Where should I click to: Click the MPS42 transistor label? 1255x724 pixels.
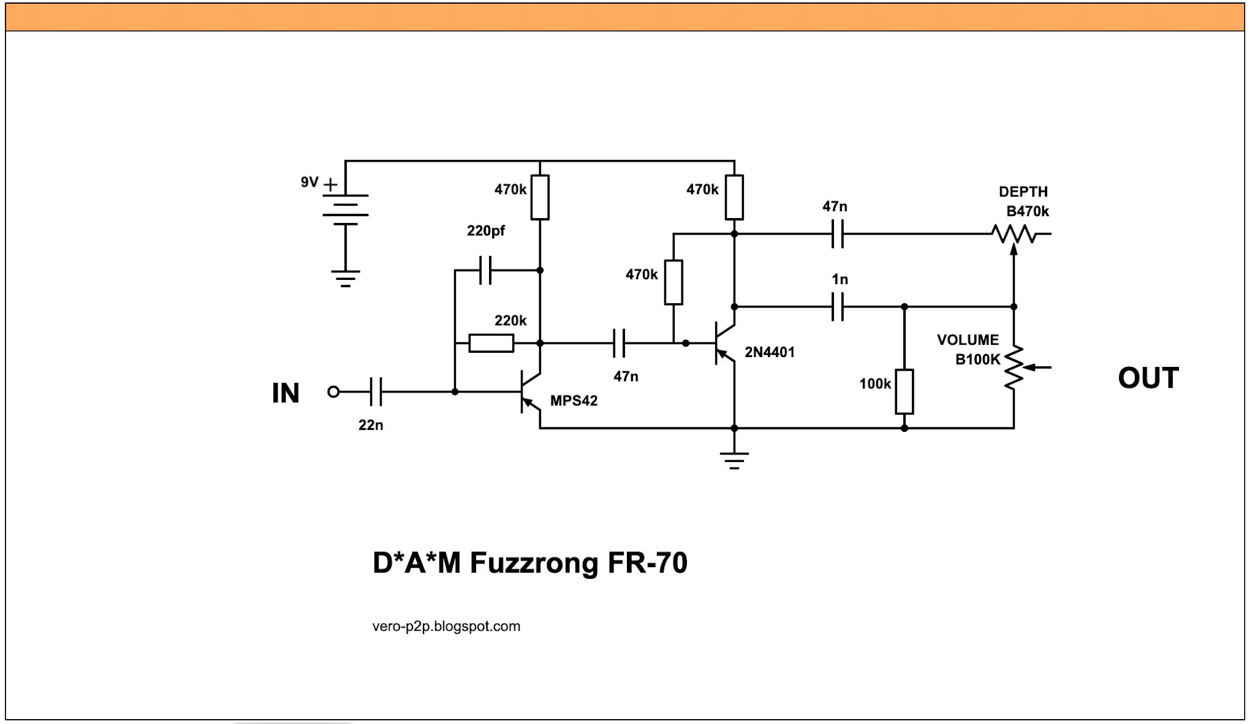574,401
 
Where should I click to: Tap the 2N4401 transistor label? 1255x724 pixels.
769,352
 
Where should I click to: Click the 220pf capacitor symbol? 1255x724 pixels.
485,270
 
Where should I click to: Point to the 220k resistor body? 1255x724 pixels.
491,343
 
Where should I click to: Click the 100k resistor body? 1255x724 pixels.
904,391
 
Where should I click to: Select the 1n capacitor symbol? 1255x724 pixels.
838,306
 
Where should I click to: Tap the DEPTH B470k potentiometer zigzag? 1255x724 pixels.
1014,234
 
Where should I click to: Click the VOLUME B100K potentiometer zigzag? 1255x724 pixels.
1014,368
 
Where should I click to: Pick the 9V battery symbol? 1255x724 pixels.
345,209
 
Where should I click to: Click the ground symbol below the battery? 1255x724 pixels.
345,279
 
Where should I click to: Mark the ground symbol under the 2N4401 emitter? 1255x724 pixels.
734,459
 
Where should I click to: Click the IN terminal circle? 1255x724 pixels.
333,391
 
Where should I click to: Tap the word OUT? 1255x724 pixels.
1148,378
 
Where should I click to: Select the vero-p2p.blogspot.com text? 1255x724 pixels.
446,626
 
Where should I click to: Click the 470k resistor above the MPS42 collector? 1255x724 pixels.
539,197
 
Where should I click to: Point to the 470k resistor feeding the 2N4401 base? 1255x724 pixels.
673,282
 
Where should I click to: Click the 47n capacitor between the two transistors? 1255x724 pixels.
619,343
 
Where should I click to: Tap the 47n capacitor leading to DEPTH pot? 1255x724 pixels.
838,234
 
